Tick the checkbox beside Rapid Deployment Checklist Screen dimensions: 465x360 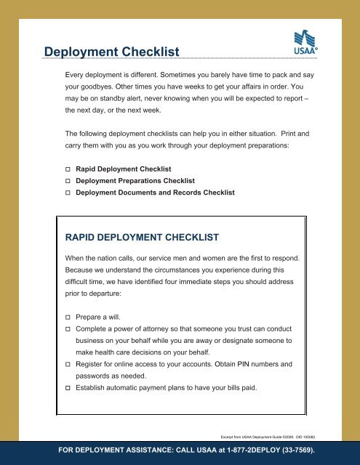[x=68, y=169]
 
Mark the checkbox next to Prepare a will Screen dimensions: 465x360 [x=68, y=318]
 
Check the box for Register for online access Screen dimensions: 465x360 [x=68, y=365]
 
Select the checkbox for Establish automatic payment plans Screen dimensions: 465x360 [x=68, y=389]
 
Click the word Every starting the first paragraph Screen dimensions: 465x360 [x=77, y=75]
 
